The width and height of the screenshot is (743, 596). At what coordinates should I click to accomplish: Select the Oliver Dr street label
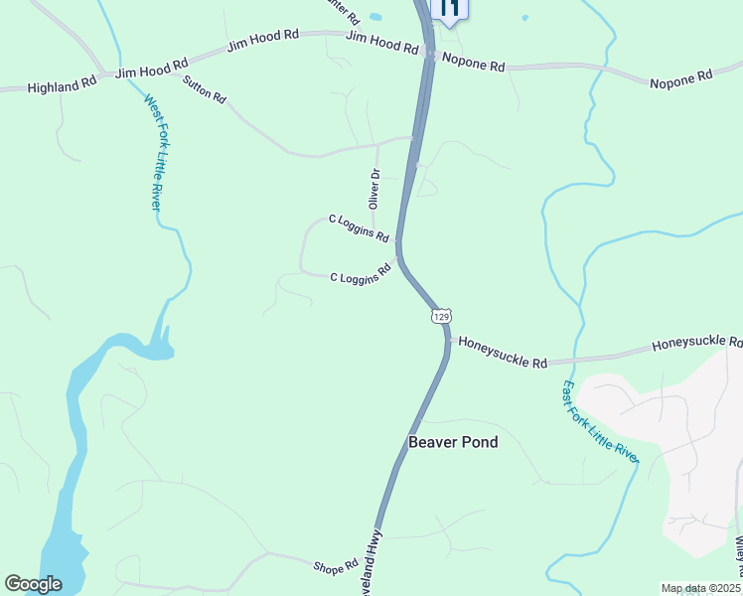point(374,188)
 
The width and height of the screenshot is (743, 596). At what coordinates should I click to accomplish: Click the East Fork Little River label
point(600,421)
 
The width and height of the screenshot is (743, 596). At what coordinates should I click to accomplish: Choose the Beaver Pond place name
point(453,442)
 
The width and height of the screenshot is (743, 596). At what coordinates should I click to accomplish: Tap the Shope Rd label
point(335,567)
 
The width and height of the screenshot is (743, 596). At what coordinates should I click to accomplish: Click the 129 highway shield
point(442,315)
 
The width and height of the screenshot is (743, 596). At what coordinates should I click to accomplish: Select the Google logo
point(33,585)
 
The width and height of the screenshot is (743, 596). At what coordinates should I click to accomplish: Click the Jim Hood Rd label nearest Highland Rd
point(151,70)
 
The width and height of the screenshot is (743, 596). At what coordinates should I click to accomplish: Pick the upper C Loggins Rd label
point(359,227)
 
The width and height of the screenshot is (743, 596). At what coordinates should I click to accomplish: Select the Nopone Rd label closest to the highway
point(473,62)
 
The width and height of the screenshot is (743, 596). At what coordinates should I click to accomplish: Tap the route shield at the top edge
point(449,9)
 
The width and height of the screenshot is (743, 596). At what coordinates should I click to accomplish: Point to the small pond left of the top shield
point(374,16)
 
